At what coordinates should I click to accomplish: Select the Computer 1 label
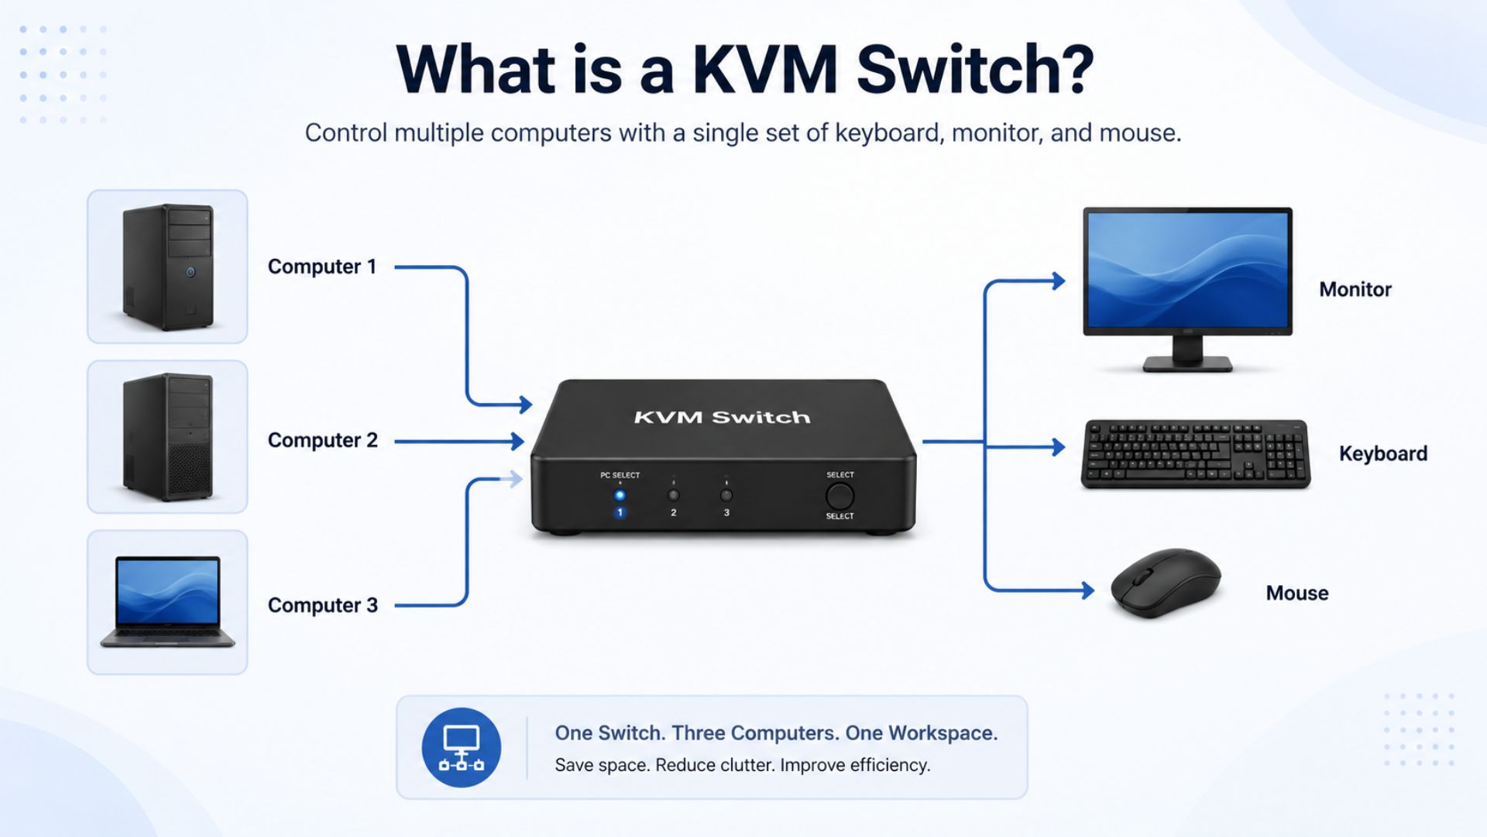(x=322, y=267)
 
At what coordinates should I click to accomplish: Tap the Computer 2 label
(x=323, y=440)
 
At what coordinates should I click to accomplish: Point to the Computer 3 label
(x=323, y=605)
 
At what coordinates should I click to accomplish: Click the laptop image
(x=167, y=601)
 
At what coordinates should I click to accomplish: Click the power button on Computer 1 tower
(x=191, y=272)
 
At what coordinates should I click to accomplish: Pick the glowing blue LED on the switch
(x=620, y=495)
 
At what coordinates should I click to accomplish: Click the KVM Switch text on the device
(x=722, y=418)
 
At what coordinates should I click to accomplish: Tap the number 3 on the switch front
(x=726, y=513)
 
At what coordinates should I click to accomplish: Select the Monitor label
(x=1355, y=290)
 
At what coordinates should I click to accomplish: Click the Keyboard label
(x=1383, y=454)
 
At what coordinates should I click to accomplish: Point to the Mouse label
(x=1297, y=594)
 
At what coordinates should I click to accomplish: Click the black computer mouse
(x=1166, y=583)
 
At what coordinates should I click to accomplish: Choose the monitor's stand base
(x=1187, y=363)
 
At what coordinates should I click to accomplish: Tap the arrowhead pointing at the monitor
(x=1059, y=281)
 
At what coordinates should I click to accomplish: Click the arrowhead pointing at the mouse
(x=1088, y=591)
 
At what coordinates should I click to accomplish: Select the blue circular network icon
(x=462, y=748)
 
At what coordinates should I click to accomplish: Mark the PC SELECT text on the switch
(x=620, y=475)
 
